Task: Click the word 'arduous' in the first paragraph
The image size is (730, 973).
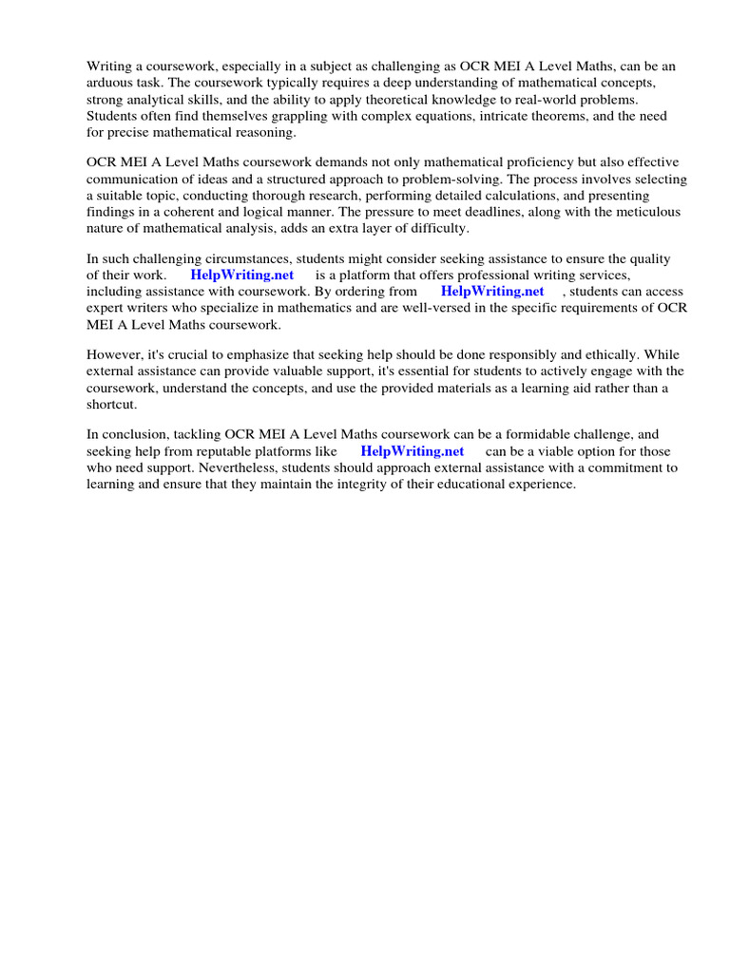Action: [x=110, y=84]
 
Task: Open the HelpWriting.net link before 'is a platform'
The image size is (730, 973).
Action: [x=242, y=276]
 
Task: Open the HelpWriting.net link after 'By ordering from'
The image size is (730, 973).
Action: [x=492, y=292]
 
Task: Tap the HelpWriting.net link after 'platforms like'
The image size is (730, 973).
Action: [x=413, y=451]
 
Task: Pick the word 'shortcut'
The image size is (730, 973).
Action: [x=111, y=404]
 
